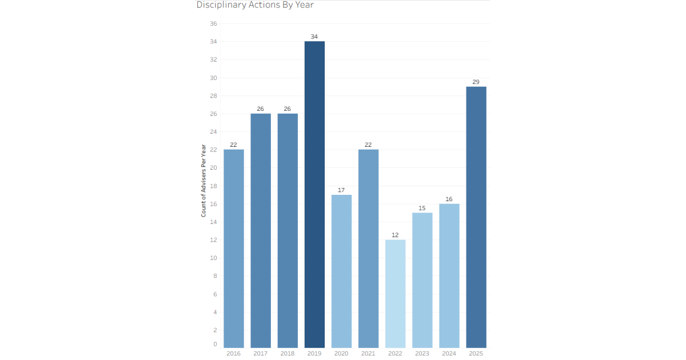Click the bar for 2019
pyautogui.click(x=314, y=194)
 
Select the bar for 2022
pyautogui.click(x=395, y=294)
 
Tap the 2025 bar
pyautogui.click(x=476, y=217)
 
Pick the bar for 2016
pyautogui.click(x=233, y=249)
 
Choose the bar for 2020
pyautogui.click(x=341, y=271)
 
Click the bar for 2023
pyautogui.click(x=422, y=280)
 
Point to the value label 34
pyautogui.click(x=314, y=37)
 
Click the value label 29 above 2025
pyautogui.click(x=476, y=82)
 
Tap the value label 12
pyautogui.click(x=395, y=235)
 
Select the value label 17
pyautogui.click(x=341, y=190)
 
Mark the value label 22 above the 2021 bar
pyautogui.click(x=368, y=145)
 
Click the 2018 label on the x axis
pyautogui.click(x=287, y=354)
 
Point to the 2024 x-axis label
pyautogui.click(x=449, y=354)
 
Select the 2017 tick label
pyautogui.click(x=260, y=354)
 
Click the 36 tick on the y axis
pyautogui.click(x=213, y=23)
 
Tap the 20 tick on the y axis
pyautogui.click(x=213, y=168)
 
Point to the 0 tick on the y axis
pyautogui.click(x=215, y=344)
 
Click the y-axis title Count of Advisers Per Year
pyautogui.click(x=204, y=181)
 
